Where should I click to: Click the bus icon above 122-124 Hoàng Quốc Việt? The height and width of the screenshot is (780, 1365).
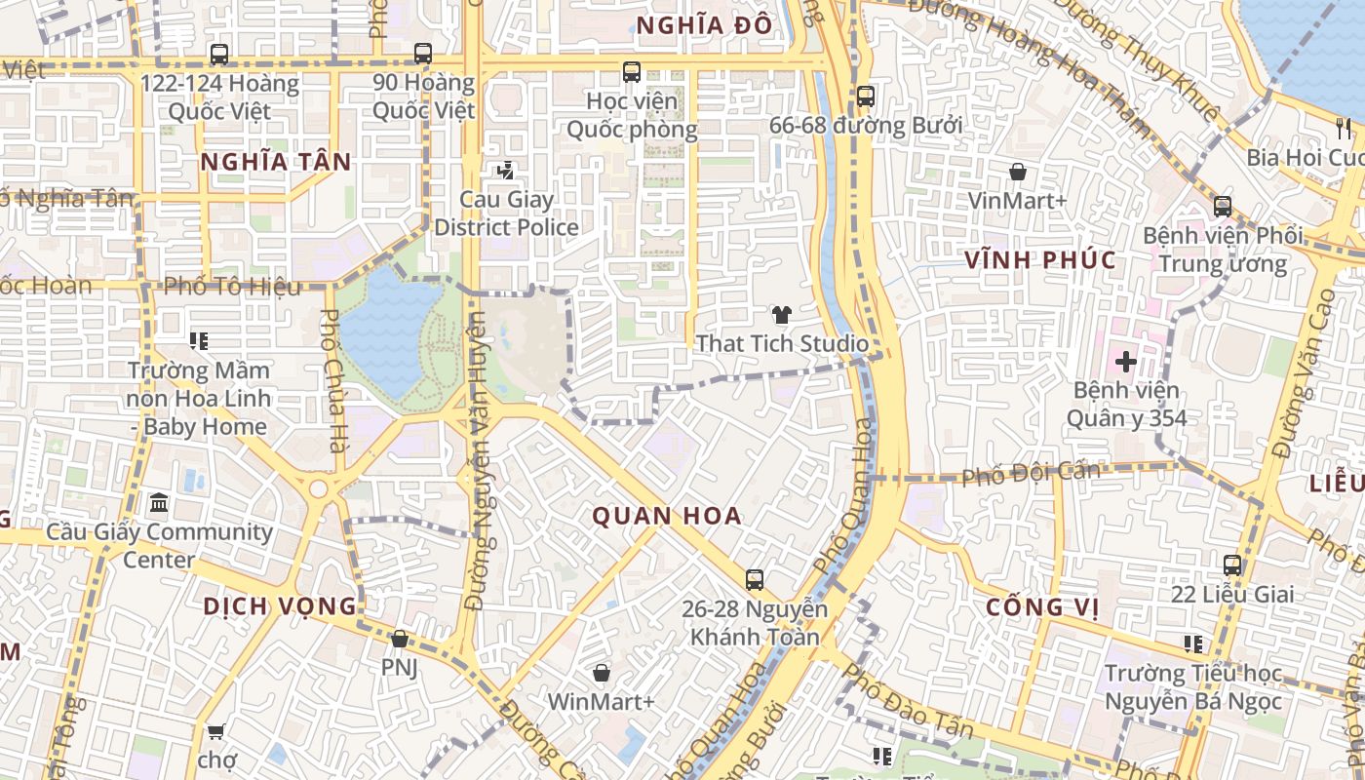(218, 55)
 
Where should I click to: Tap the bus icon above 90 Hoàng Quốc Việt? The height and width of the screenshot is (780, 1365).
(422, 54)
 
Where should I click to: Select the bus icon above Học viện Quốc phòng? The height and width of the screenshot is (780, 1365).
(632, 71)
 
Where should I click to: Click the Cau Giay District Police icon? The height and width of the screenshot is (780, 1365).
(505, 172)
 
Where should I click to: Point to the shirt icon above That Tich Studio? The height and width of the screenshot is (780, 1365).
(781, 314)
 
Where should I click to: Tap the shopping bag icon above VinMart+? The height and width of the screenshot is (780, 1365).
(1018, 173)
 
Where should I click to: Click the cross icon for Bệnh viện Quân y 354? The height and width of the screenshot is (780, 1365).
(1126, 362)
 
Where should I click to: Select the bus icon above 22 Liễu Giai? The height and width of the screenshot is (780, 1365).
(1232, 565)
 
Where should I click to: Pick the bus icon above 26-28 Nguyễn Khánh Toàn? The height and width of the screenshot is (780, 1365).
(754, 580)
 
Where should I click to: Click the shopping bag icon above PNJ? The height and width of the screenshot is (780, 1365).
(399, 640)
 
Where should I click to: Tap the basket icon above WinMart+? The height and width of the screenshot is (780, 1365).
(602, 673)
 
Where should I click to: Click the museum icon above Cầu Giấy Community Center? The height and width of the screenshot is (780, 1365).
(159, 503)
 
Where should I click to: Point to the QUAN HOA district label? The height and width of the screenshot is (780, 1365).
(668, 516)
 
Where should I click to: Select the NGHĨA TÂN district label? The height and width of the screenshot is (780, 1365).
(276, 162)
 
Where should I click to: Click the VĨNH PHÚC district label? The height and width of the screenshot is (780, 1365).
(1040, 260)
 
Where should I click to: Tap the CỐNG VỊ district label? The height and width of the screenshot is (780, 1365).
(1042, 606)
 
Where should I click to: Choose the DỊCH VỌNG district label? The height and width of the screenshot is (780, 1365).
(281, 605)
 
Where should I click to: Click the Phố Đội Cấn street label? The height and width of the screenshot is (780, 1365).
(1031, 474)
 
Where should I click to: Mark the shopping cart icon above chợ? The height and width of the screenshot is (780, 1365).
(216, 731)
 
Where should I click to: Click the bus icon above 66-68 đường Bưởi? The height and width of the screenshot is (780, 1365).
(865, 97)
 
